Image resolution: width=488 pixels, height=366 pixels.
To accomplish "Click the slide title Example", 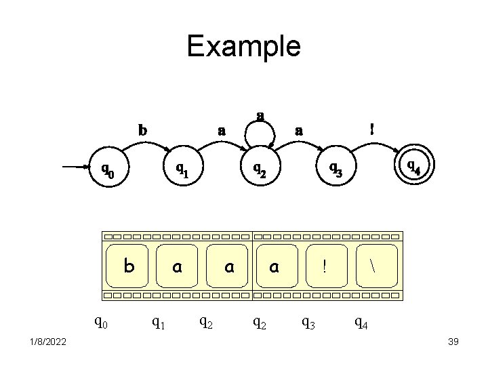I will (x=243, y=46).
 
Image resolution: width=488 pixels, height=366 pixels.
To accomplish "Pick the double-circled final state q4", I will (x=413, y=165).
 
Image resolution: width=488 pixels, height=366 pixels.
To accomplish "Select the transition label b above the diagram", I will (x=142, y=128).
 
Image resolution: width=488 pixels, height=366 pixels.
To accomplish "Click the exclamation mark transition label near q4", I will (x=370, y=127).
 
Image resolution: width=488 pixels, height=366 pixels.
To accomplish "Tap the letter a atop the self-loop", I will (x=260, y=116).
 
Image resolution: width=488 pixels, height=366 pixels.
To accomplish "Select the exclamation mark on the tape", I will (x=325, y=267).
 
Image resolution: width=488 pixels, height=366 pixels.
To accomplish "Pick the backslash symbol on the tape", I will (x=373, y=266).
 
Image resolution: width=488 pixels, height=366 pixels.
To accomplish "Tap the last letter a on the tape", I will (x=274, y=267).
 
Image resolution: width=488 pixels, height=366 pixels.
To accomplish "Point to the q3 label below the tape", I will (x=308, y=323).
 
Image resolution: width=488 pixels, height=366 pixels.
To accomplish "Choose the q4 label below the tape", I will (x=362, y=323).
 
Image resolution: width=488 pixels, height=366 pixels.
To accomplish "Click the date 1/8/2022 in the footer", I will (x=47, y=342).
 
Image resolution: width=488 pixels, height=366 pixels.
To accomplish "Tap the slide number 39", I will (x=453, y=342).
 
